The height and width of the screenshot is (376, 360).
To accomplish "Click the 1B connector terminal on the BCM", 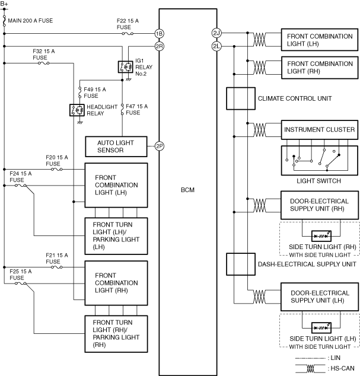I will click(x=159, y=34).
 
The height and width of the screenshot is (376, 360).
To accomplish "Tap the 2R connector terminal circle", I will click(x=159, y=46).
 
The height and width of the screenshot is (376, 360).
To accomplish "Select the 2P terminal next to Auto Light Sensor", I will click(x=159, y=146).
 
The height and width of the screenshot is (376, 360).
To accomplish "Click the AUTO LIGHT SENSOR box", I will click(x=116, y=146).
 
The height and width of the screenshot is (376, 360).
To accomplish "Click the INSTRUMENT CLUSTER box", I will click(x=319, y=129).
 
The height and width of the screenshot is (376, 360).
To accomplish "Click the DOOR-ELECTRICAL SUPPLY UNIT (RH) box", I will click(x=319, y=205).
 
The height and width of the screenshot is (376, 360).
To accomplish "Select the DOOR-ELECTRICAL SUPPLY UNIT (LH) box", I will click(x=319, y=297).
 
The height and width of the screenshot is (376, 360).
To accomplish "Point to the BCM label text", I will click(x=187, y=190).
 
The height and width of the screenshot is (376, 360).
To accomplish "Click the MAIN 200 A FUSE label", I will click(x=30, y=21).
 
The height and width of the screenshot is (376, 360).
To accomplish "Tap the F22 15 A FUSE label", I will click(x=128, y=24).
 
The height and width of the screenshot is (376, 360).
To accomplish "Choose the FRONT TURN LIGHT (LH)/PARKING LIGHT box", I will click(x=116, y=235).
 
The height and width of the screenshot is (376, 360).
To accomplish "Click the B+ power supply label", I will click(x=5, y=4).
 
